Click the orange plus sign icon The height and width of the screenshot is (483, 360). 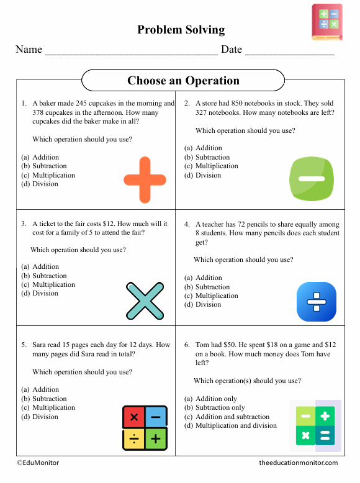(x=145, y=179)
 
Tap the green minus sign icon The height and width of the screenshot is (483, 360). (x=312, y=179)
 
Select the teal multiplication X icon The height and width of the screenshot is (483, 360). (x=145, y=301)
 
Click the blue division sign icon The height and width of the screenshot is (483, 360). (x=317, y=302)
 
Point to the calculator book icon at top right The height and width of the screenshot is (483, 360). (x=327, y=22)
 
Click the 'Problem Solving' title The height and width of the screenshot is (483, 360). (x=181, y=30)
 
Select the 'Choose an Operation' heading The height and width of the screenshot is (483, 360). (x=183, y=81)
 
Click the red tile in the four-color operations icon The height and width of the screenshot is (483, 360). (x=133, y=417)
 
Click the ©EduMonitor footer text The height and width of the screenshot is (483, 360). (x=38, y=463)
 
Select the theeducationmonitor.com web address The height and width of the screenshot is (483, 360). (x=299, y=463)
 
